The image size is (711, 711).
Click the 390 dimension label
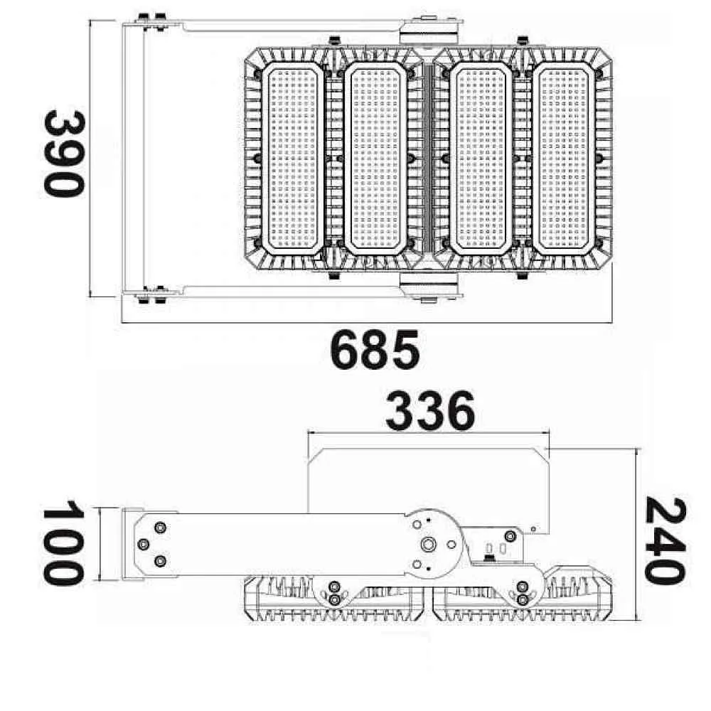[64, 154]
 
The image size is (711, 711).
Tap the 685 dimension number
[375, 350]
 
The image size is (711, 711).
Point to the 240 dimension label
[665, 541]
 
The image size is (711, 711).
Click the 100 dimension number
[64, 543]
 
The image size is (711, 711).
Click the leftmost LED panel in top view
[292, 159]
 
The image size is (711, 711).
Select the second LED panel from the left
[375, 159]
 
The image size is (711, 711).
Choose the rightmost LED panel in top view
[564, 159]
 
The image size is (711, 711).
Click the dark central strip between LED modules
[427, 159]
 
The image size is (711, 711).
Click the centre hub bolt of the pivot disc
[427, 544]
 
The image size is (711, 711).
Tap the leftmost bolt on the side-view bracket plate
[144, 544]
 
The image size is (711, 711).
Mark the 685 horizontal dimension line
[367, 323]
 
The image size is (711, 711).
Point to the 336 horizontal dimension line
[429, 434]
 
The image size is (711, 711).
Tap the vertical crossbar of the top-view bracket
[134, 159]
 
